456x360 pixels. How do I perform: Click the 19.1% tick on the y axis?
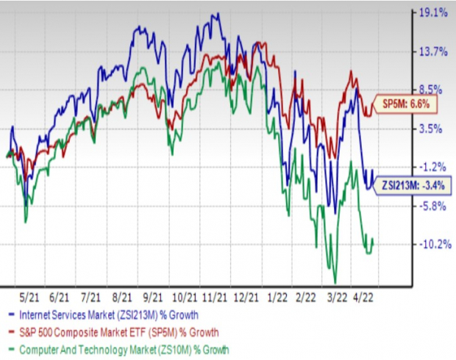pyautogui.click(x=432, y=13)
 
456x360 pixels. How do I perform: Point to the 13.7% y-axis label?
pyautogui.click(x=432, y=51)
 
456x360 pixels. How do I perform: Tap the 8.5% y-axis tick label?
pyautogui.click(x=432, y=90)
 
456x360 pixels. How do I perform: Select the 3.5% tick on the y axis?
pyautogui.click(x=432, y=129)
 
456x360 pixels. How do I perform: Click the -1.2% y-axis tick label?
pyautogui.click(x=432, y=168)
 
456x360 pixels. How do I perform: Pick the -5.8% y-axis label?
pyautogui.click(x=432, y=206)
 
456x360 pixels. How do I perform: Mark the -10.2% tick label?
pyautogui.click(x=432, y=245)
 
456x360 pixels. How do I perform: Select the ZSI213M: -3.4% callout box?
pyautogui.click(x=414, y=187)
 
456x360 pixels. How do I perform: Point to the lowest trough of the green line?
pyautogui.click(x=335, y=282)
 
